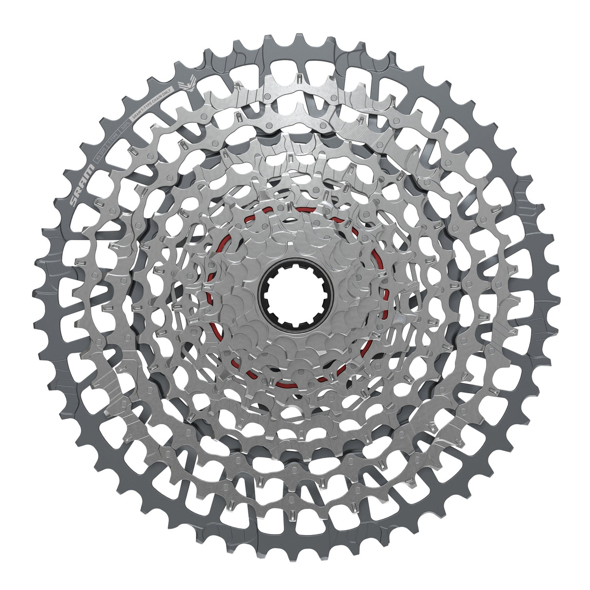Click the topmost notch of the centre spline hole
[295, 269]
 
